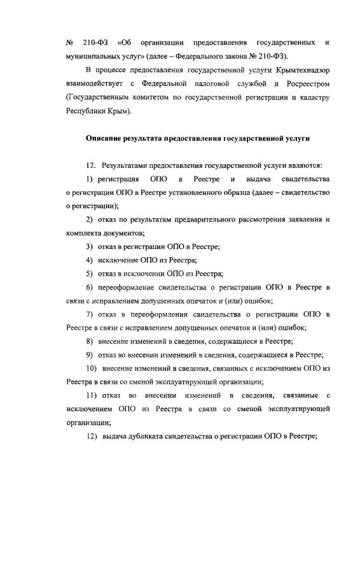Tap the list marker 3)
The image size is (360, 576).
pyautogui.click(x=90, y=246)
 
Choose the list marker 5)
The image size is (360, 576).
pyautogui.click(x=90, y=274)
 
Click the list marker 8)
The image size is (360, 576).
pyautogui.click(x=90, y=341)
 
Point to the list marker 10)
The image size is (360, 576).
pyautogui.click(x=91, y=369)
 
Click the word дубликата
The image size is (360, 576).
pyautogui.click(x=148, y=436)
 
